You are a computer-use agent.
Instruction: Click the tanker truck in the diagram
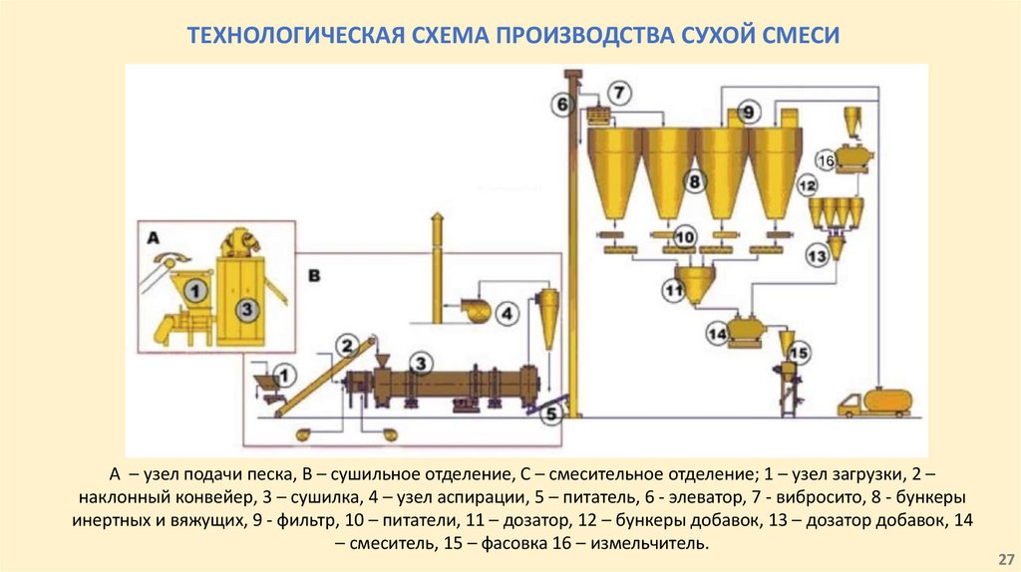(874, 402)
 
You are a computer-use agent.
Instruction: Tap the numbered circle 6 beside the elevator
(561, 103)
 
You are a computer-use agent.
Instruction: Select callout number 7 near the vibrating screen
(618, 93)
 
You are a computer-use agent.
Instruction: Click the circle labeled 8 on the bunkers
(694, 180)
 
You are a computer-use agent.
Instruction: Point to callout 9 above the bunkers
(749, 111)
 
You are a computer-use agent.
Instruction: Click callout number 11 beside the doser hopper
(674, 291)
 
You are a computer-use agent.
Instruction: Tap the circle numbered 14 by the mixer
(717, 334)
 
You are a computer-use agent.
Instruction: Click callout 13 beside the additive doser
(817, 256)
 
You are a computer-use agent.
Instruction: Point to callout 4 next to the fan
(508, 314)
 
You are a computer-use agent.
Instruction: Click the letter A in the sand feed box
(153, 237)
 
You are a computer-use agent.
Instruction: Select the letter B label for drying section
(314, 273)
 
